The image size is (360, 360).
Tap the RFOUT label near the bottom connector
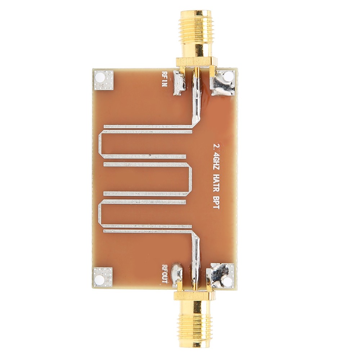tap(165, 274)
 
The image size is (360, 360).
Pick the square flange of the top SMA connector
tap(197, 62)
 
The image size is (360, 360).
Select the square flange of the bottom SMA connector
tap(195, 296)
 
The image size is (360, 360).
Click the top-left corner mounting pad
tap(103, 80)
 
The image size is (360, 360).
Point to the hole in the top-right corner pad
tap(228, 77)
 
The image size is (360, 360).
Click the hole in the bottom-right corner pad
tap(228, 281)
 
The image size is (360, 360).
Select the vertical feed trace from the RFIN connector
tap(197, 97)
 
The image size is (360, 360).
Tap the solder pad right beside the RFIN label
tap(179, 83)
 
